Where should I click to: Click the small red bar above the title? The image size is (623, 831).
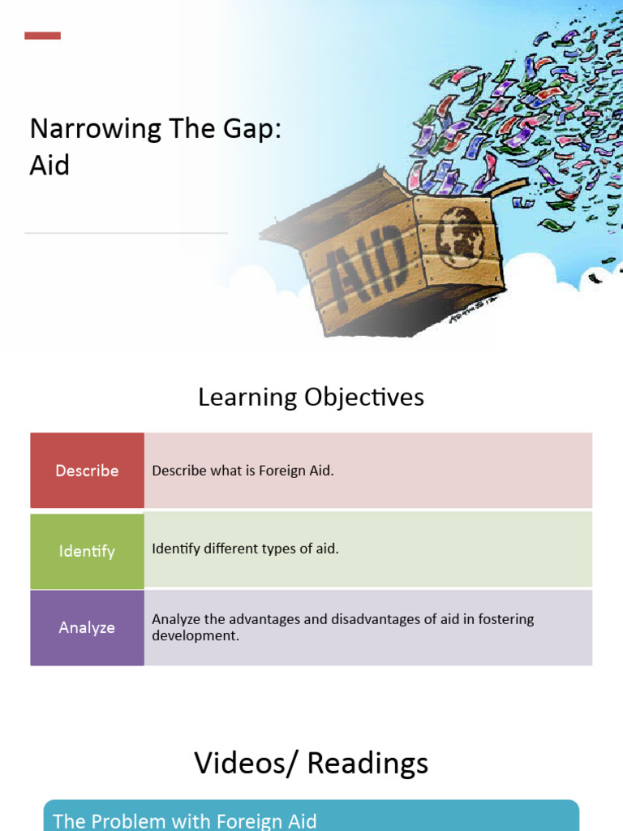point(42,36)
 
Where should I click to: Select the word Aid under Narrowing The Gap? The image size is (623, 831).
point(49,166)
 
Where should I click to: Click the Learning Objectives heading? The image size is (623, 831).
point(311,397)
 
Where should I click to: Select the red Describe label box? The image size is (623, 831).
point(87,471)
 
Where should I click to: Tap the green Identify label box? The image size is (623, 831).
point(87,551)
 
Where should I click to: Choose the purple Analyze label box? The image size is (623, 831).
point(87,627)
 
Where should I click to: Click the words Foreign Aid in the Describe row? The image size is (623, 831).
point(296,471)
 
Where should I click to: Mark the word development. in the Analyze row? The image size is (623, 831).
point(195,635)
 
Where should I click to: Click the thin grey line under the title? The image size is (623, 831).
point(126,233)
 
